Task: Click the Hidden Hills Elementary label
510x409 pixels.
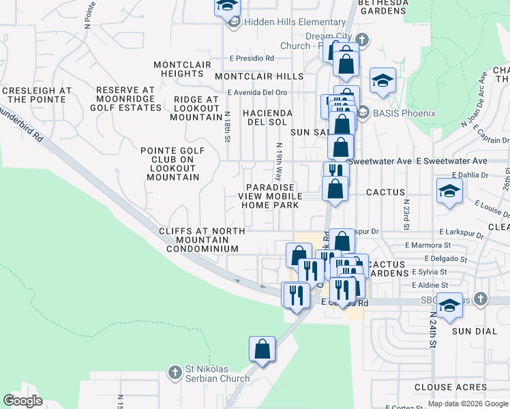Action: click(x=295, y=22)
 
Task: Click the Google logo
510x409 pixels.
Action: click(x=22, y=401)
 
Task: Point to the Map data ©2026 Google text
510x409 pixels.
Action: click(x=467, y=404)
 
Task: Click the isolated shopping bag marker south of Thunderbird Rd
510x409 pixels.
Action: click(x=262, y=350)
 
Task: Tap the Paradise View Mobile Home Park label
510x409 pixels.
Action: click(x=270, y=196)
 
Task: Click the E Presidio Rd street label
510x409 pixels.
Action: click(x=252, y=59)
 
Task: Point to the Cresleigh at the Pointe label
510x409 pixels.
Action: click(x=37, y=95)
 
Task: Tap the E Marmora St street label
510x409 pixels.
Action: click(x=427, y=245)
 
